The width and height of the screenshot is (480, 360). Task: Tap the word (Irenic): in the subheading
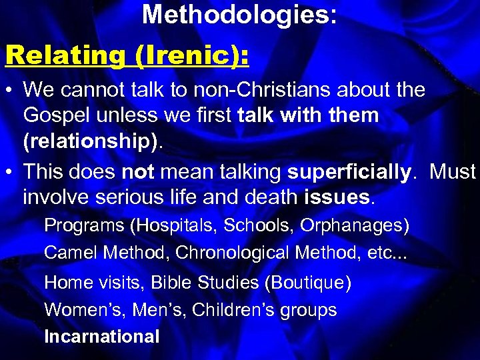coord(192,55)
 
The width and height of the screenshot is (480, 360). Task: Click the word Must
coord(452,172)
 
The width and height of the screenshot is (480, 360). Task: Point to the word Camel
coord(69,253)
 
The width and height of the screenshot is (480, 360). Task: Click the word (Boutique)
coord(307,283)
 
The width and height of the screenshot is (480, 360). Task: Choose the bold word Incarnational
coord(102,337)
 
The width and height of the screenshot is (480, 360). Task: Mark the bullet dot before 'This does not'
coord(10,173)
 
